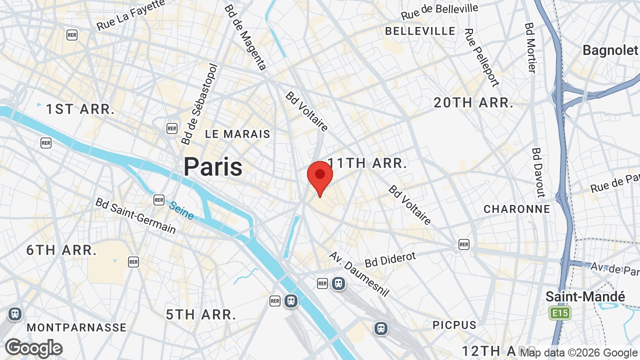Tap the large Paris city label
213,166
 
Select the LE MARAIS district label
237,134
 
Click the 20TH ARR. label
473,103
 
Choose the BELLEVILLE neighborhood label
420,31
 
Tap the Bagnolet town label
610,50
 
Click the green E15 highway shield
559,313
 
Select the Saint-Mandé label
585,296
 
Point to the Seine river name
181,209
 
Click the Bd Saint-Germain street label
135,215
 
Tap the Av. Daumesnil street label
358,273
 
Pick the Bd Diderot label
390,259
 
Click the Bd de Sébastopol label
199,104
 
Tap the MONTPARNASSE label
76,327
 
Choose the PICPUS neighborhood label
454,325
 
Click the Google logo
33,348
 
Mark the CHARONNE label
516,209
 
